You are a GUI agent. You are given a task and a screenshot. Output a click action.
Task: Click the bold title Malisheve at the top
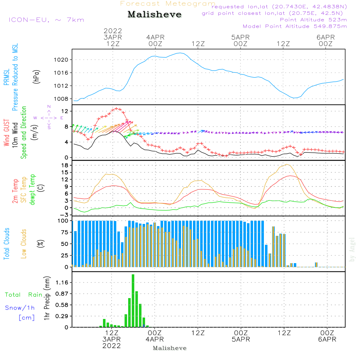(x=154, y=15)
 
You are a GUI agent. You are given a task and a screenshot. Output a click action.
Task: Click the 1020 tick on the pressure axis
(x=63, y=59)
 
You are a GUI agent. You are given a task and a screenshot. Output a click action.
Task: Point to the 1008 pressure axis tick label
(x=63, y=99)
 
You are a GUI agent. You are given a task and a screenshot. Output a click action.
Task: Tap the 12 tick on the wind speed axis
(x=65, y=111)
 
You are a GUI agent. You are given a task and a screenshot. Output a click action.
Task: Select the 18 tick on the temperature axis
(x=65, y=165)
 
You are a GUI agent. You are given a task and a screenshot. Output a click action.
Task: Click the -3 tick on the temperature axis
(x=65, y=215)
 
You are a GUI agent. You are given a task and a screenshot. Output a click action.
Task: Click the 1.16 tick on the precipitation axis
(x=62, y=283)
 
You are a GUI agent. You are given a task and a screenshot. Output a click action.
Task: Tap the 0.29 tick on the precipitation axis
(x=62, y=316)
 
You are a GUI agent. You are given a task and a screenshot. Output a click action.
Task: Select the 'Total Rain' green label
(x=23, y=295)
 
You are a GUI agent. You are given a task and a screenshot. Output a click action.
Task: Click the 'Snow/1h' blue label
(x=20, y=308)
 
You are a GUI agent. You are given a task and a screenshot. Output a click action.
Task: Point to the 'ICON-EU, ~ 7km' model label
(x=46, y=20)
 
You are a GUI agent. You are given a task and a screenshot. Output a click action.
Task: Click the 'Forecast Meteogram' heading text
(x=168, y=4)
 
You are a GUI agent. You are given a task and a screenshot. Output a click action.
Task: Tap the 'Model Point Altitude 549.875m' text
(x=295, y=26)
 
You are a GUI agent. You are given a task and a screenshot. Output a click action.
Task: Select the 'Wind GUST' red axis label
(x=7, y=133)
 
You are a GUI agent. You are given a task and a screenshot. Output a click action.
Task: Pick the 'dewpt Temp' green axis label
(x=32, y=190)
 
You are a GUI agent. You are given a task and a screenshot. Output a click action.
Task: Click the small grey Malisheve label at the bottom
(x=170, y=348)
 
